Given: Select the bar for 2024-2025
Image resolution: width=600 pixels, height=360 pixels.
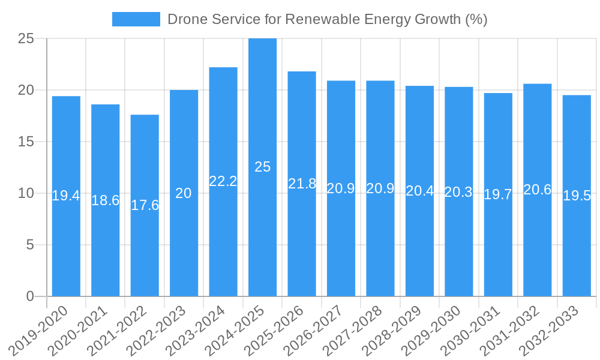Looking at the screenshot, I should coord(262,167).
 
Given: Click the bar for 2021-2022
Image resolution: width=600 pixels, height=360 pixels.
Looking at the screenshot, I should coord(145,205).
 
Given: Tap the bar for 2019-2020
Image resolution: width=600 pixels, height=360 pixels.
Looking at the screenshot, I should coord(66,196).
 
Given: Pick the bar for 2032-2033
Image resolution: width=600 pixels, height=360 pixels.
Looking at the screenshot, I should coord(577,196).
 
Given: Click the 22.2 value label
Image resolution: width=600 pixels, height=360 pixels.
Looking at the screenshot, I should coord(223,181).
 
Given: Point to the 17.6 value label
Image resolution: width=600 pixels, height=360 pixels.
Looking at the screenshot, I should coord(145,205).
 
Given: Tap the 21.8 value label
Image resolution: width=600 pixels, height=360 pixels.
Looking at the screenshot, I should coord(302,184).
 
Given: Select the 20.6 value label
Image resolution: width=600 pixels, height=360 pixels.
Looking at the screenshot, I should coord(537,190).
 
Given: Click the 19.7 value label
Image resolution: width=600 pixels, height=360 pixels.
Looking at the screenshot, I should coord(498,194).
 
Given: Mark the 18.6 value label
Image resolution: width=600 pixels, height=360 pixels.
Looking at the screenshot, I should coord(106,200).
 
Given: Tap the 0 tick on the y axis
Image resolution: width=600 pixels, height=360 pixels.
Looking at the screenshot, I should coord(30,296).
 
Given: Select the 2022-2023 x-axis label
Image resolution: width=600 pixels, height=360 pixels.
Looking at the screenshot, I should coord(161,329).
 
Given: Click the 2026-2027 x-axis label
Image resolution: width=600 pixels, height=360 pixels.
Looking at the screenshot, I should coord(319,329).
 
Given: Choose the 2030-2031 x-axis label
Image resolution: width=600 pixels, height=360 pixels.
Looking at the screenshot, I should coord(476,329).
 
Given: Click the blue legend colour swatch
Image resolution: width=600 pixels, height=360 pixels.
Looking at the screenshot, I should coord(136,19).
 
